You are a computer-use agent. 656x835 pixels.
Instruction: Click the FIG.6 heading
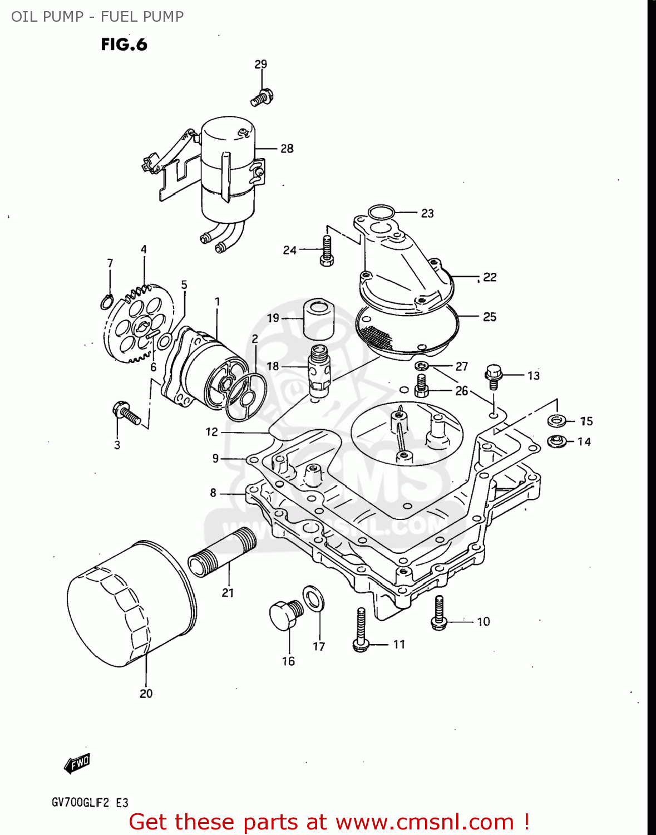tap(124, 45)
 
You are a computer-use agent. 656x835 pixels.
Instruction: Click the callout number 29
tap(260, 65)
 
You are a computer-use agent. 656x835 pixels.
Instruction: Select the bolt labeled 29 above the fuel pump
tap(262, 98)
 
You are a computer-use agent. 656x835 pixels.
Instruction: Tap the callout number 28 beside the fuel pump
tap(287, 149)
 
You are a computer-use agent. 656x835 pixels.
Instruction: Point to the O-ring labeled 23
tap(382, 212)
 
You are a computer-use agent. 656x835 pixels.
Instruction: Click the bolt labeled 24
tap(327, 250)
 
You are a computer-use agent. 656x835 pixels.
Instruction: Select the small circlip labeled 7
tap(108, 302)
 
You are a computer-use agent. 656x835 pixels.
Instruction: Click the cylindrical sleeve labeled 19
tap(318, 318)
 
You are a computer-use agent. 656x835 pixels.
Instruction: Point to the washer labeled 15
tap(556, 420)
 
